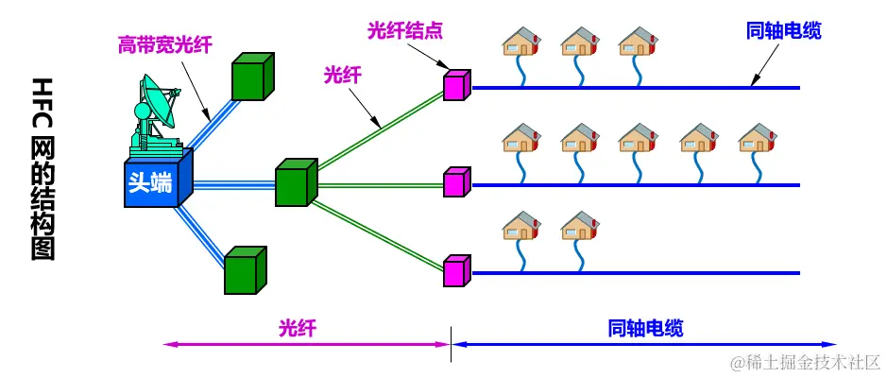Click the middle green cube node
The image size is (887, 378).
(x=296, y=181)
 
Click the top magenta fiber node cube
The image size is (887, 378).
(x=456, y=85)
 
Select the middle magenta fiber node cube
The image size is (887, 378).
(x=456, y=181)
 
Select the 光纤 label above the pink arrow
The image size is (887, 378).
(x=297, y=328)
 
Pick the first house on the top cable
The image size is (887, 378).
(x=520, y=43)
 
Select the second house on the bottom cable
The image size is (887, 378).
(x=579, y=226)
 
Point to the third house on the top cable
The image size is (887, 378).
(x=638, y=43)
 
